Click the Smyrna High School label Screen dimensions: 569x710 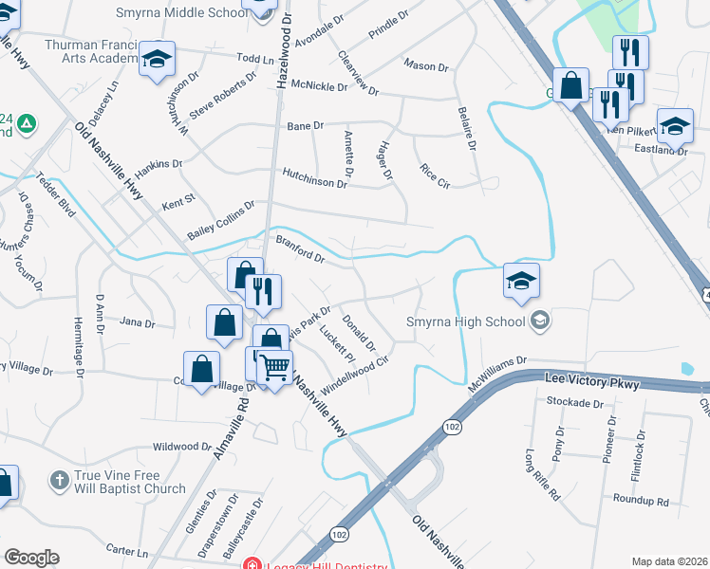(466, 321)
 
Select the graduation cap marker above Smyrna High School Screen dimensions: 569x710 (521, 281)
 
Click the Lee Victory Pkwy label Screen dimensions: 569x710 (591, 383)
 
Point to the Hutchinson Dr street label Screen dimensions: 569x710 (314, 177)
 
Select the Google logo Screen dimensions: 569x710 (31, 558)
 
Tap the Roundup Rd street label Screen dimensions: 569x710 (641, 502)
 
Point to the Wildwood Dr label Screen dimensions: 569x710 (182, 446)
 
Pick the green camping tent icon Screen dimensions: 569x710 (27, 123)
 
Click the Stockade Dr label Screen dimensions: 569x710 (575, 402)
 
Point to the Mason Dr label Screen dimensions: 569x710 (425, 66)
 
